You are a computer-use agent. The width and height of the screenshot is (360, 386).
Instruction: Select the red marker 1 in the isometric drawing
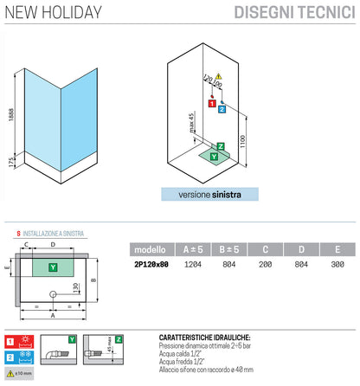(210, 102)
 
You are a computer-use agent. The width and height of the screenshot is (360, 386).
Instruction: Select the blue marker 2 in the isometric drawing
(222, 109)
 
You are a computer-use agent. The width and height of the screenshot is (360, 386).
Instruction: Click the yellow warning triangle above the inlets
(219, 77)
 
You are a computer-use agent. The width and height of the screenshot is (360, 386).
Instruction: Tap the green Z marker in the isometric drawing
(221, 146)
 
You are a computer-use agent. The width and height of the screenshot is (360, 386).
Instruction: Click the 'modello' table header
(156, 249)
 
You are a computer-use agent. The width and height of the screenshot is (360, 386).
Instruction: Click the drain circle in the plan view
(55, 295)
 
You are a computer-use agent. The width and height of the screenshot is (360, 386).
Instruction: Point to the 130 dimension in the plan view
(74, 286)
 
